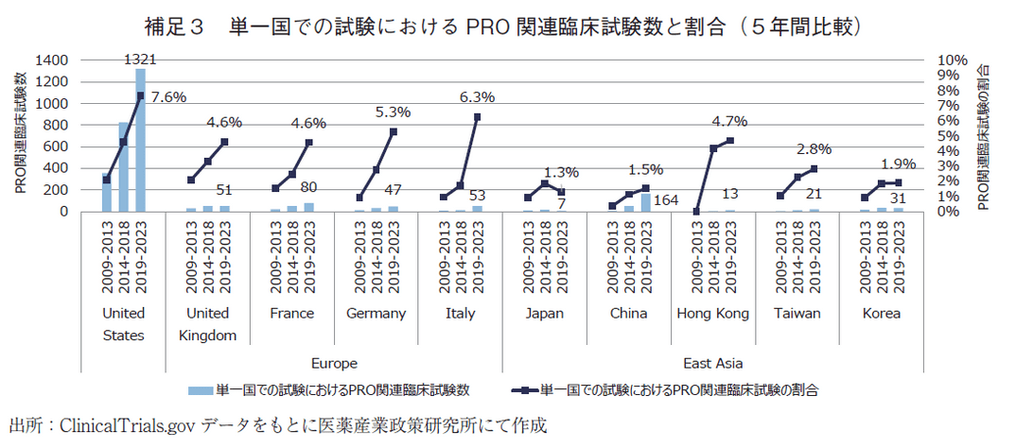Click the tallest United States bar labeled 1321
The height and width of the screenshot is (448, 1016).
140,140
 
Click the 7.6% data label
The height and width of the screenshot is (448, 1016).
167,97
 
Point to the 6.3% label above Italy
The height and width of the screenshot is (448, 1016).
477,97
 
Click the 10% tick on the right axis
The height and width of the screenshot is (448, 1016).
952,60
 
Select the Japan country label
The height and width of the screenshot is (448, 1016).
546,313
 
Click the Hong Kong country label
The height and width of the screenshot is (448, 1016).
713,313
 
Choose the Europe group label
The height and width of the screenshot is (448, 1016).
333,362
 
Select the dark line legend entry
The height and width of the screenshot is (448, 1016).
662,388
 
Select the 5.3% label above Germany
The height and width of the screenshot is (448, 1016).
393,112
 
